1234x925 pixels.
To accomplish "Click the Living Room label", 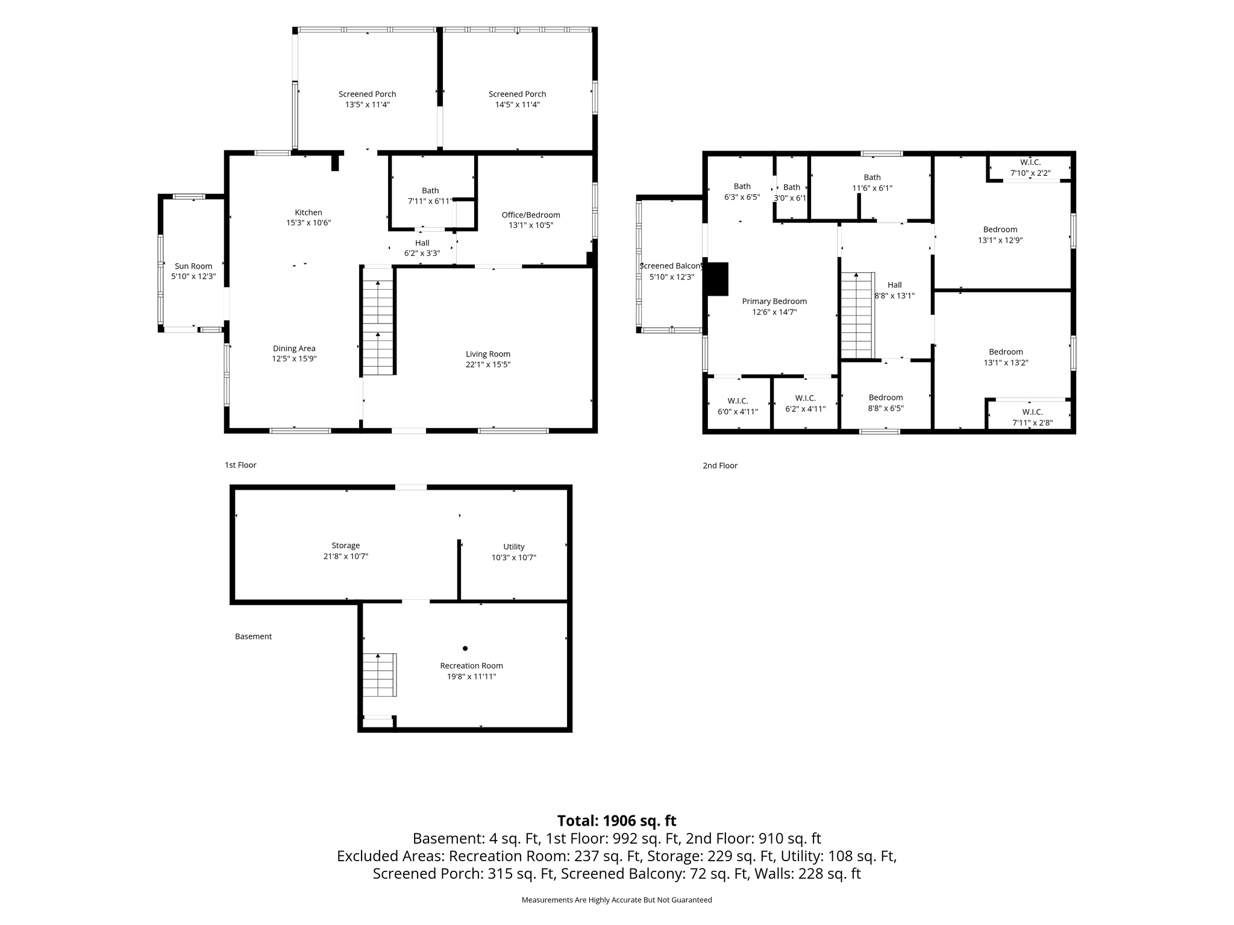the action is pos(487,354).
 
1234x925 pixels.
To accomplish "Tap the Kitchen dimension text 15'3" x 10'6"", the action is pos(308,223).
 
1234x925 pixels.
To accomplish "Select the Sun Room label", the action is pos(193,266).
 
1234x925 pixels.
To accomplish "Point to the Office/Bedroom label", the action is pos(531,215).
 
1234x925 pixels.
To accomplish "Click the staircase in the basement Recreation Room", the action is pos(379,674).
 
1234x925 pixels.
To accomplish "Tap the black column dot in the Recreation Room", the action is pos(465,649).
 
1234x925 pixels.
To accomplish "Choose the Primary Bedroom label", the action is pos(774,302).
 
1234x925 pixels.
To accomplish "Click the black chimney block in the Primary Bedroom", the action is pos(718,279).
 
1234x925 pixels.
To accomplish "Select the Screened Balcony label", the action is pos(671,266).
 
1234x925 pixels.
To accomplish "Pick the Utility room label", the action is pos(514,547).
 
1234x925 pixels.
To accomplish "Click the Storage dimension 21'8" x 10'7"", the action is pos(346,556).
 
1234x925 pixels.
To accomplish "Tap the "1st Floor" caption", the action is pos(240,465).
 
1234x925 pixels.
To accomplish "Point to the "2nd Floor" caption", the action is pos(720,466).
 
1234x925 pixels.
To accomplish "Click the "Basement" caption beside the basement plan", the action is pos(253,637).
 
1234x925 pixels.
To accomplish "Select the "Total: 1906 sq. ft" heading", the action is pos(616,821).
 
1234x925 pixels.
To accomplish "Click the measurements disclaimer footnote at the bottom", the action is pos(616,900).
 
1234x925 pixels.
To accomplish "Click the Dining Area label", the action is pos(294,349).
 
